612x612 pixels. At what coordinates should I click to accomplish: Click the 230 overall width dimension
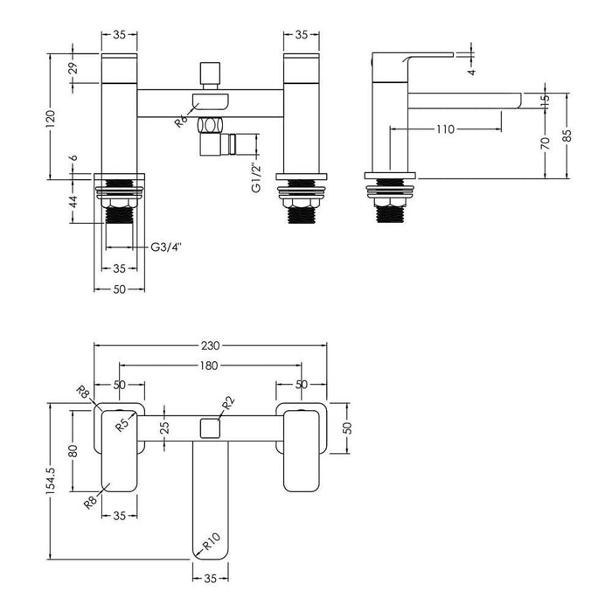(209, 347)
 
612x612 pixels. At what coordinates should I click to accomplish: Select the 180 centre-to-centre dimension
(209, 366)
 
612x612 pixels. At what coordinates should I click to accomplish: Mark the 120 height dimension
(56, 119)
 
